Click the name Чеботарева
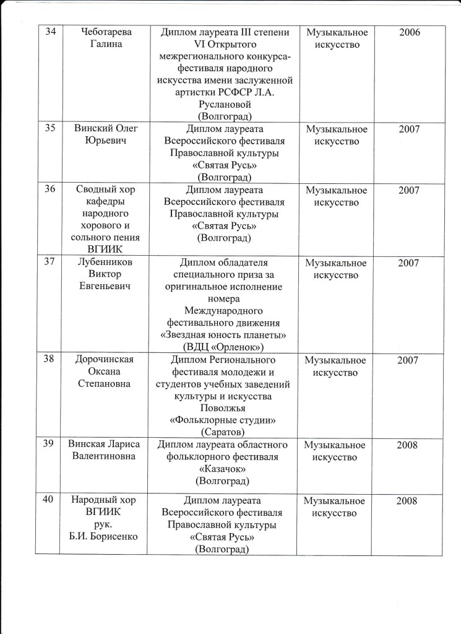[108, 32]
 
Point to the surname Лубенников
[108, 263]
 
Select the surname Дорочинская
[108, 360]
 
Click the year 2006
[409, 32]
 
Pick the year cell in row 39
[409, 445]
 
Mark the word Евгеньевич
[108, 287]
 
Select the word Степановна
[108, 384]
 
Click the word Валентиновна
[108, 457]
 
